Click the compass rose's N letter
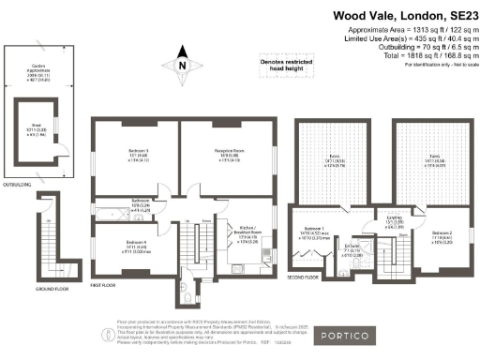pos(182,66)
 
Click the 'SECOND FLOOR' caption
pos(304,277)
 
